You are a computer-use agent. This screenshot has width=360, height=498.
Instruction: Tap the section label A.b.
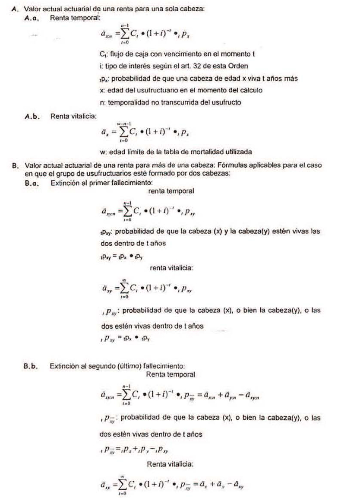33,116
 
